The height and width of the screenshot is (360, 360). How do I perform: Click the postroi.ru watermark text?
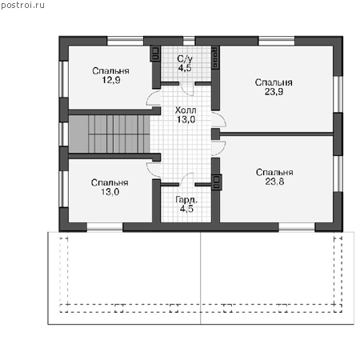tap(22, 6)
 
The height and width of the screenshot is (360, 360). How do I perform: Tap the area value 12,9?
tap(111, 80)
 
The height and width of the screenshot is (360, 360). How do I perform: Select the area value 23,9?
tap(274, 91)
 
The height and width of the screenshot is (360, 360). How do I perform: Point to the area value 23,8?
tap(274, 182)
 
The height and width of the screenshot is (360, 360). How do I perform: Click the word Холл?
tap(186, 110)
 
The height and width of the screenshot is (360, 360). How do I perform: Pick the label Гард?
tap(186, 200)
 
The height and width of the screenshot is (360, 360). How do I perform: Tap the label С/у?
tap(185, 59)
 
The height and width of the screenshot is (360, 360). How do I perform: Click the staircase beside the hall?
tap(110, 134)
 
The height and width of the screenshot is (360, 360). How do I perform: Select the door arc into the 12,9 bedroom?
tap(153, 98)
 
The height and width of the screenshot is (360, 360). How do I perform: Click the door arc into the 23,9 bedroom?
tap(219, 119)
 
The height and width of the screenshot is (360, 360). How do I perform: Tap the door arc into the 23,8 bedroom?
tap(219, 148)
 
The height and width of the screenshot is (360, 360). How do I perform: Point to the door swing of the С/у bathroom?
tap(186, 90)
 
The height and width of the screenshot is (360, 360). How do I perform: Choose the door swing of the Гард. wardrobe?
tap(186, 178)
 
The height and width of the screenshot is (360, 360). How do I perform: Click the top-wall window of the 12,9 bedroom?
tap(126, 42)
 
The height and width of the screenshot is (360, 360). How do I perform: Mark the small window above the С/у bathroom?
tap(189, 42)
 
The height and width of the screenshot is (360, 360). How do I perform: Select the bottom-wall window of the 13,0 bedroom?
tap(105, 226)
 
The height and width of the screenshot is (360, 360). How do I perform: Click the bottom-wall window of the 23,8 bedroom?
tap(297, 226)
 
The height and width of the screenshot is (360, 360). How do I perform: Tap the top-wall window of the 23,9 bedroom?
tap(277, 42)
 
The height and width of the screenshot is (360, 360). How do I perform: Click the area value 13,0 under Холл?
tap(186, 119)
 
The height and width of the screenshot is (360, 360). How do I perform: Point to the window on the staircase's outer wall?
tap(63, 134)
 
